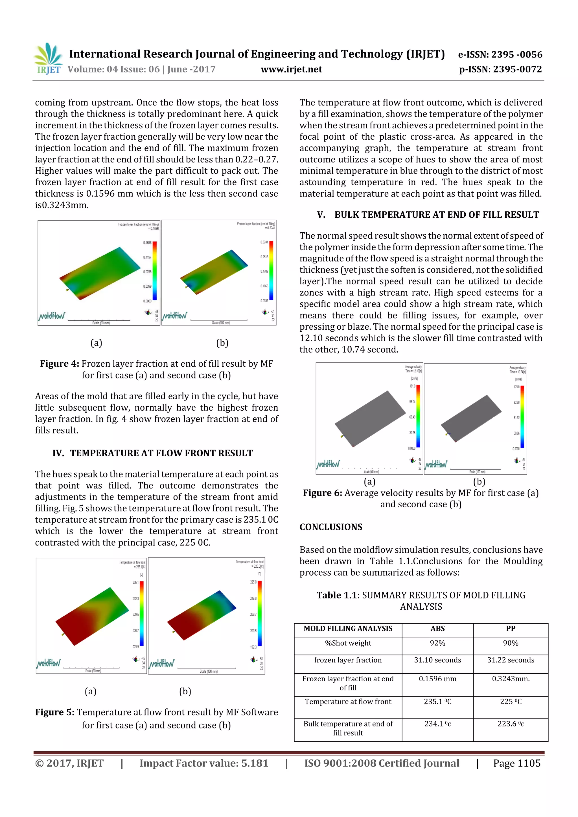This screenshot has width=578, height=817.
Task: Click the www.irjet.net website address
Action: (x=291, y=69)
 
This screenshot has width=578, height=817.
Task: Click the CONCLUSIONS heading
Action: (x=330, y=527)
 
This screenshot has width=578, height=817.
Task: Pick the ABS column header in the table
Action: (x=437, y=628)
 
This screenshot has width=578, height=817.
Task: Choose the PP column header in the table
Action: (x=510, y=628)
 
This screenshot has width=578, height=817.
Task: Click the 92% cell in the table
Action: (x=437, y=643)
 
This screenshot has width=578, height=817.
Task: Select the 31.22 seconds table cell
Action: (x=510, y=660)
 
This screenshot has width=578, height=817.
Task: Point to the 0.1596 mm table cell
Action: (x=437, y=679)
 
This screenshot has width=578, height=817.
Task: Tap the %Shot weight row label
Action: (x=348, y=643)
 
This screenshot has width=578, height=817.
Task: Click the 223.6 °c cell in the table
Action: (x=510, y=724)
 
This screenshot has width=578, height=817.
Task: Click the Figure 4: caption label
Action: (x=60, y=364)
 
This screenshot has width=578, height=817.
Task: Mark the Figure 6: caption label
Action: (x=322, y=493)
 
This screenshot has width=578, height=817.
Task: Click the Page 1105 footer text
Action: (x=516, y=763)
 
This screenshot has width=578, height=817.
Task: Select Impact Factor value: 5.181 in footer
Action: (x=204, y=763)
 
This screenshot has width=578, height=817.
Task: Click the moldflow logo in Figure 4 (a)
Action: (x=52, y=316)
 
